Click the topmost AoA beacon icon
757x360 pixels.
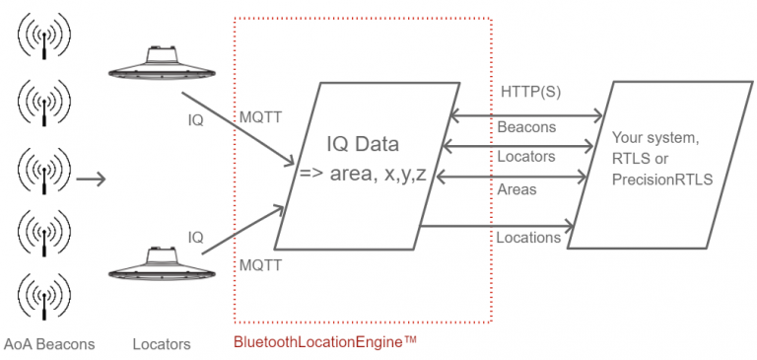[x=40, y=38]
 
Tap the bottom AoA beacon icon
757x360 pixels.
[x=40, y=295]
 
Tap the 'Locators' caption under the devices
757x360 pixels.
[x=162, y=344]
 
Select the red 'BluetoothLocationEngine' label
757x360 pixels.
[x=325, y=342]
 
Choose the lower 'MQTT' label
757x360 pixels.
[x=261, y=265]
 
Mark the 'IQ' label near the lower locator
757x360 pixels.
[x=196, y=237]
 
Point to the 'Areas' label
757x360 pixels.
[x=516, y=188]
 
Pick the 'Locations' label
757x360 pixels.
[x=528, y=237]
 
